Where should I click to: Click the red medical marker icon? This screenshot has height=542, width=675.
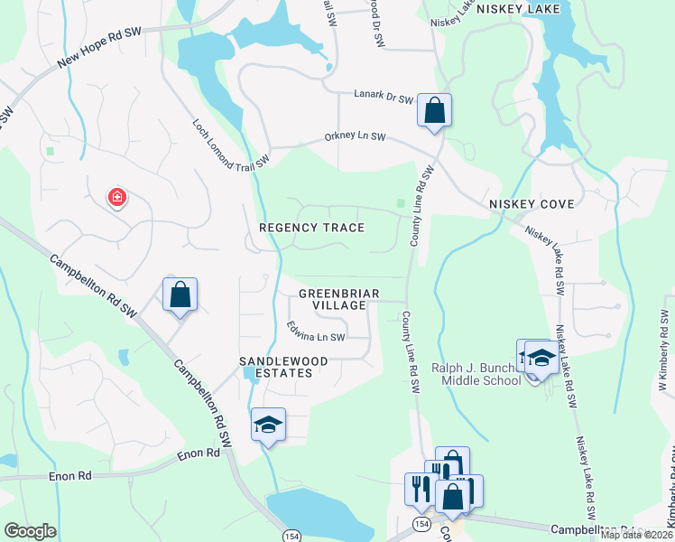116,197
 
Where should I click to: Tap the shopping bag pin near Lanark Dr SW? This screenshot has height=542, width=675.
434,111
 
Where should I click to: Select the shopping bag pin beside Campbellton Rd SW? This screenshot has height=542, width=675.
180,294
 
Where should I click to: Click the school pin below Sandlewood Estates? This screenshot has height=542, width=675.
268,425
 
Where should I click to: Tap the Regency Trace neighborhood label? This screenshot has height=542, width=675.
312,228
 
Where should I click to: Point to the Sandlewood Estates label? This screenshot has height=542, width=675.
282,368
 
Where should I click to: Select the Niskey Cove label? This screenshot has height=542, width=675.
532,204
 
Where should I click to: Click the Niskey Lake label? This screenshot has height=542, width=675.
518,9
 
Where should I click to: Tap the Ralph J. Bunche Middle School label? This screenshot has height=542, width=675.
476,373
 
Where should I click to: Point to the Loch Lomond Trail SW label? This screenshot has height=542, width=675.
231,143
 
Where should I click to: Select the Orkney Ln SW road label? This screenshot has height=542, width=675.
356,137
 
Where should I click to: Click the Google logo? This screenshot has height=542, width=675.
30,531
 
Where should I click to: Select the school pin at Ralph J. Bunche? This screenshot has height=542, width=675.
541,358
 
